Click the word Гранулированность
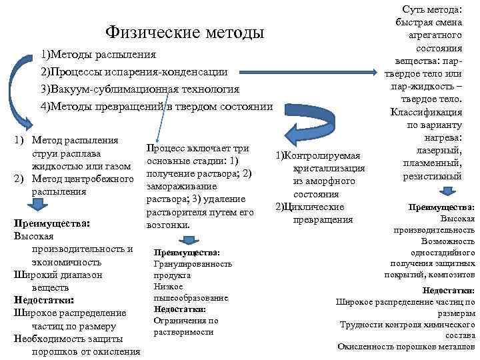pyautogui.click(x=193, y=264)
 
